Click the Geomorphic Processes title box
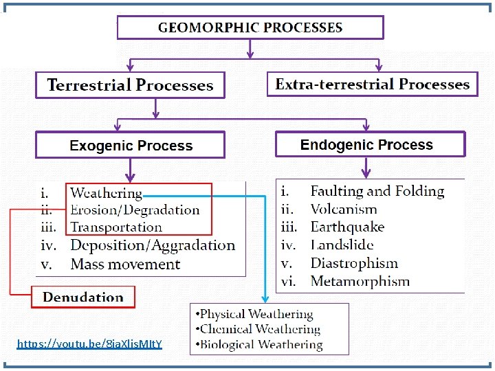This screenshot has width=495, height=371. click(250, 27)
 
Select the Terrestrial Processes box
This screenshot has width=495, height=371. click(130, 86)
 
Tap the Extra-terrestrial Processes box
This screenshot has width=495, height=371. click(372, 85)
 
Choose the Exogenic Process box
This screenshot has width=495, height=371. click(131, 146)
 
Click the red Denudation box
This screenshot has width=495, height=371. click(83, 297)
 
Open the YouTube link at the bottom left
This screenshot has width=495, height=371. click(89, 343)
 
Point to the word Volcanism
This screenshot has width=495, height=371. click(344, 209)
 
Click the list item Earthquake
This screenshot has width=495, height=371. click(347, 227)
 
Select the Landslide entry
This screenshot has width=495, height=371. click(342, 245)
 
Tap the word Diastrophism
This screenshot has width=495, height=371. click(354, 263)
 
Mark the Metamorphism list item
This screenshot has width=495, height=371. click(360, 281)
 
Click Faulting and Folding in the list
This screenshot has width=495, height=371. click(377, 191)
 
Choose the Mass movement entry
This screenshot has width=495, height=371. click(125, 264)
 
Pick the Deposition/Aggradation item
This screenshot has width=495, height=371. click(153, 245)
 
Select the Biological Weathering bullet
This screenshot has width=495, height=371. click(260, 344)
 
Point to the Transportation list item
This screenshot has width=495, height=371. click(116, 227)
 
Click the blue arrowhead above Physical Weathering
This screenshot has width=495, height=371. click(266, 298)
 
